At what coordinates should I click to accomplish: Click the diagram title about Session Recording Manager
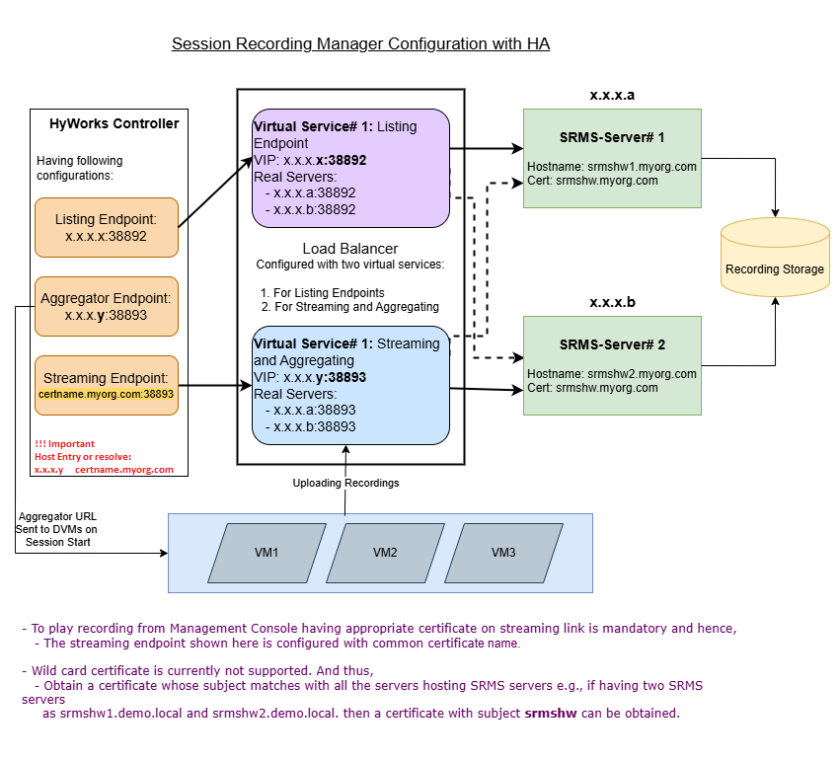tap(360, 44)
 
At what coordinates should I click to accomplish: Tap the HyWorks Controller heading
tap(114, 124)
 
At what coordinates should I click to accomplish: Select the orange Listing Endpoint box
tap(106, 228)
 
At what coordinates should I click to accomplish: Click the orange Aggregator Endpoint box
tap(106, 306)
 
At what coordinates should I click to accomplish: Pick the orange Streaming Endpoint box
tap(106, 385)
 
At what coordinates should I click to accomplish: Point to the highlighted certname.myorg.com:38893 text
tap(106, 394)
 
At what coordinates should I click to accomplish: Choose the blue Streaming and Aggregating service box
tap(350, 385)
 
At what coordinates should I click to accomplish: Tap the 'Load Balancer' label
tap(350, 249)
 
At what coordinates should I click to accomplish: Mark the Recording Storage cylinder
tap(774, 261)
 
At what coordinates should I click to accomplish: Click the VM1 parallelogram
tap(267, 553)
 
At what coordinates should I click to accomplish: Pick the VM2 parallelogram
tap(385, 553)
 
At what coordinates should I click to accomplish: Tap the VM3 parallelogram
tap(503, 553)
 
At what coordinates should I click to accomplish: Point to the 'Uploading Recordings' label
tap(344, 483)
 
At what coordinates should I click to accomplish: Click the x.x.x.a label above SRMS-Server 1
tap(612, 96)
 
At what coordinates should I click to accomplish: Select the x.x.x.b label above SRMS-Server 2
tap(612, 302)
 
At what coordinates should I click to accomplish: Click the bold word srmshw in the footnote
tap(549, 713)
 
